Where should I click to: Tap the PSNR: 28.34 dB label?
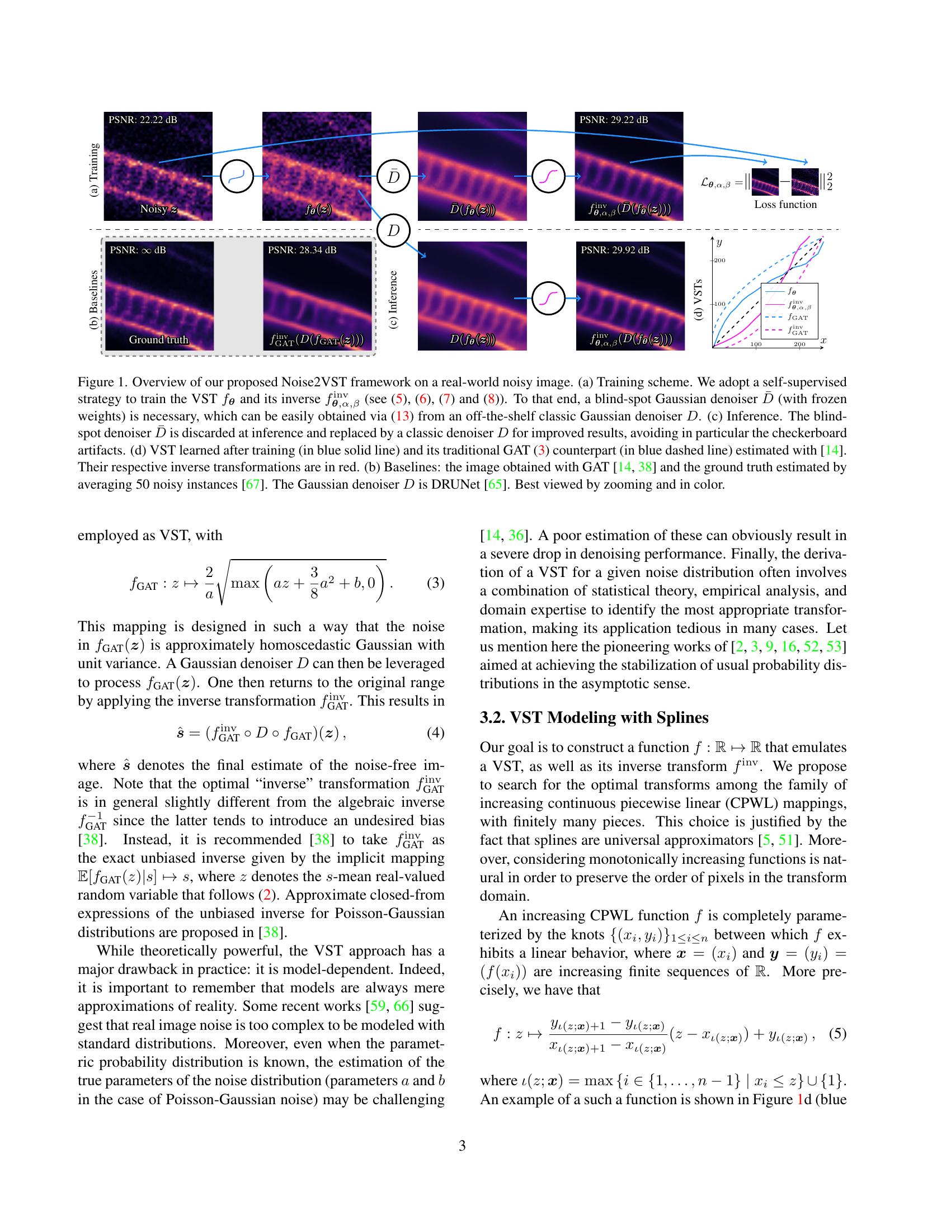(302, 250)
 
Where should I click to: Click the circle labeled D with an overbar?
(393, 176)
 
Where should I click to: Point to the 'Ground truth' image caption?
(158, 339)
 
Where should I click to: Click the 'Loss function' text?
(785, 205)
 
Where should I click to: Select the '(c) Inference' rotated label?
(393, 300)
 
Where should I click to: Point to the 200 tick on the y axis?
(719, 260)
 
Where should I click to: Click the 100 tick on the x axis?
(756, 343)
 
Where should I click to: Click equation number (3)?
(435, 583)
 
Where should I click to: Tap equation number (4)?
(435, 733)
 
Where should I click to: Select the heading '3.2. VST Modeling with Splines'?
(594, 717)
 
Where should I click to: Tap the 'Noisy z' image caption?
(158, 209)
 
